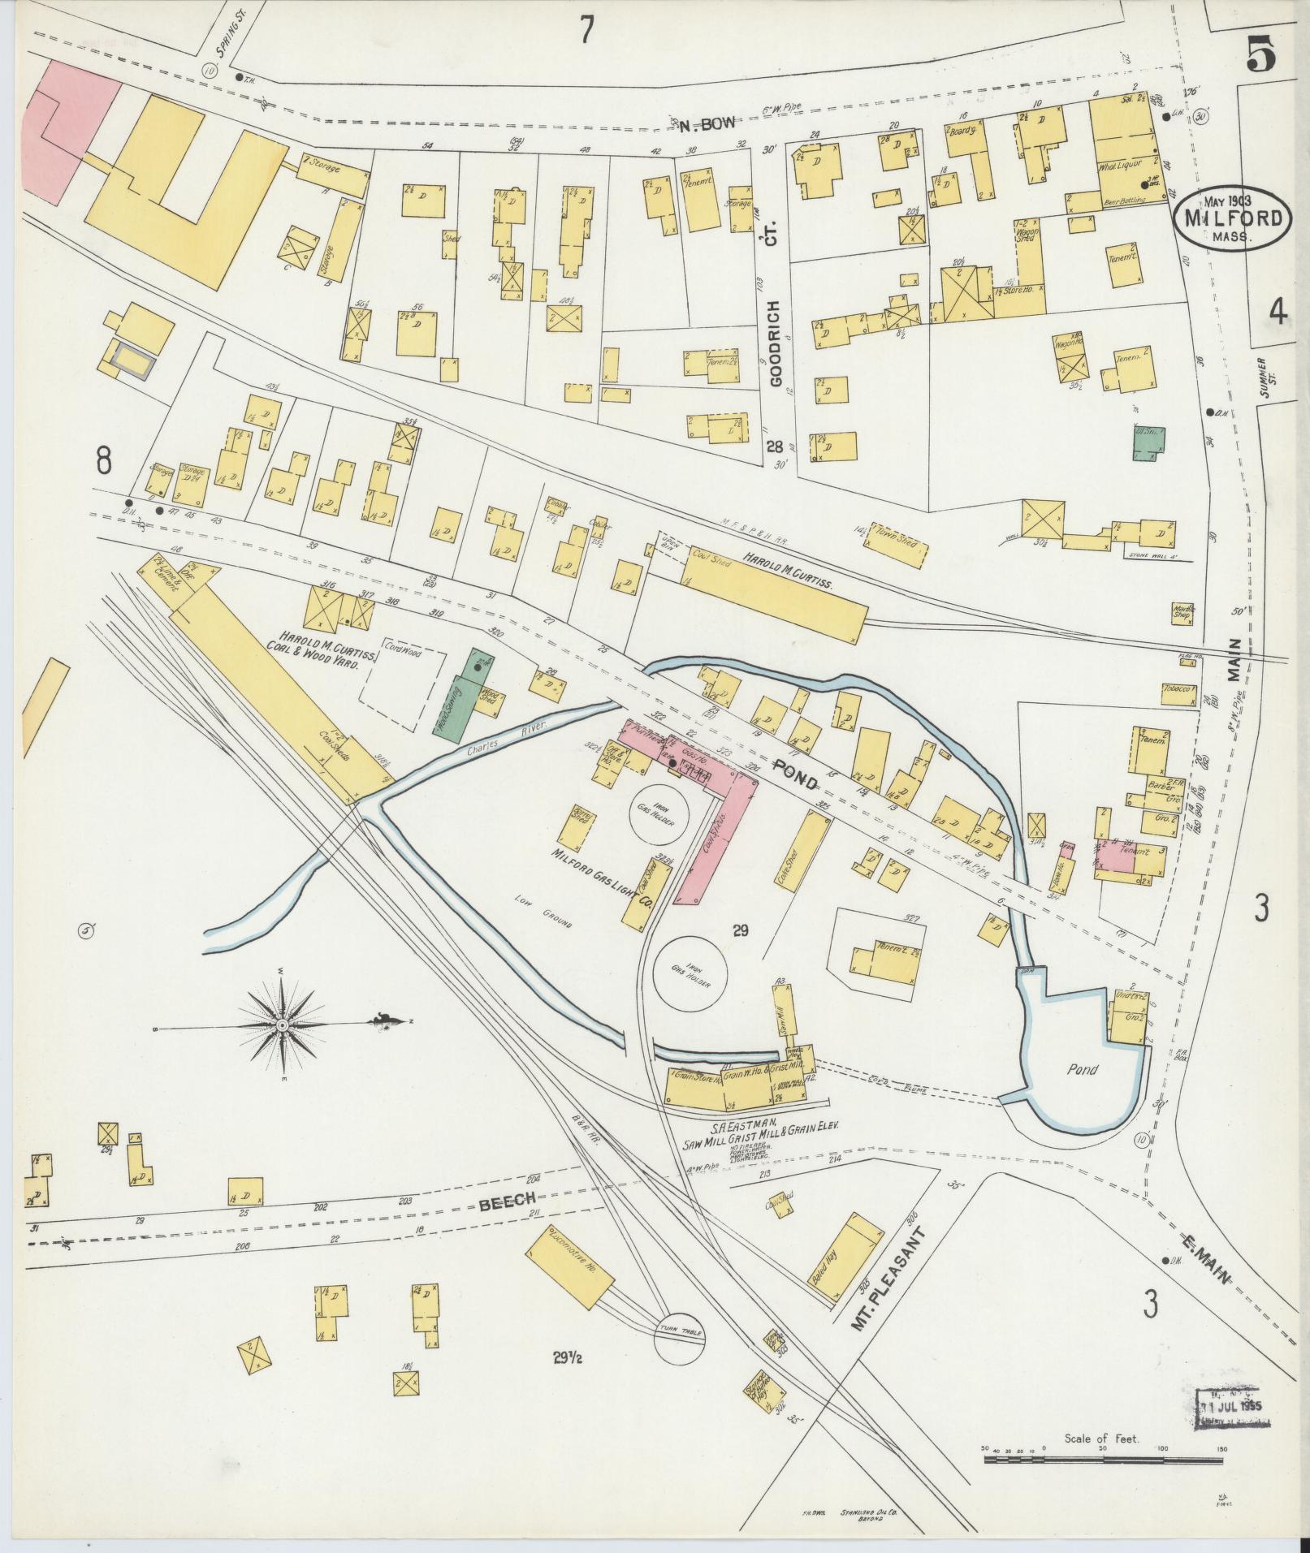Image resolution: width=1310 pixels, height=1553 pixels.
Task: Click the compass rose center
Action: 282,1026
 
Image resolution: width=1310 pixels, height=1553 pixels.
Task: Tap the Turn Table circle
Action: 681,1332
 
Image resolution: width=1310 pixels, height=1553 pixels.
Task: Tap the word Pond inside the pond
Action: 1082,1069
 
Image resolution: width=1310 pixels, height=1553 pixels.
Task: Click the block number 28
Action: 774,447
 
